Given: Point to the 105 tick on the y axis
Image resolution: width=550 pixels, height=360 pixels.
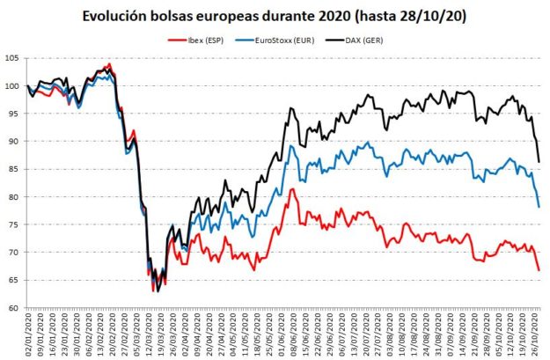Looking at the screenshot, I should click(11, 58).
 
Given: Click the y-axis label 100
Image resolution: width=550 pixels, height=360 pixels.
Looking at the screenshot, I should click(11, 86).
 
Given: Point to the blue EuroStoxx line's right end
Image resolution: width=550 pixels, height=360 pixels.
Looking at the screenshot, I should click(539, 207).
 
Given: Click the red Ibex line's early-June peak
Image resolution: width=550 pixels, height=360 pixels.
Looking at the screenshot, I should click(291, 189).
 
